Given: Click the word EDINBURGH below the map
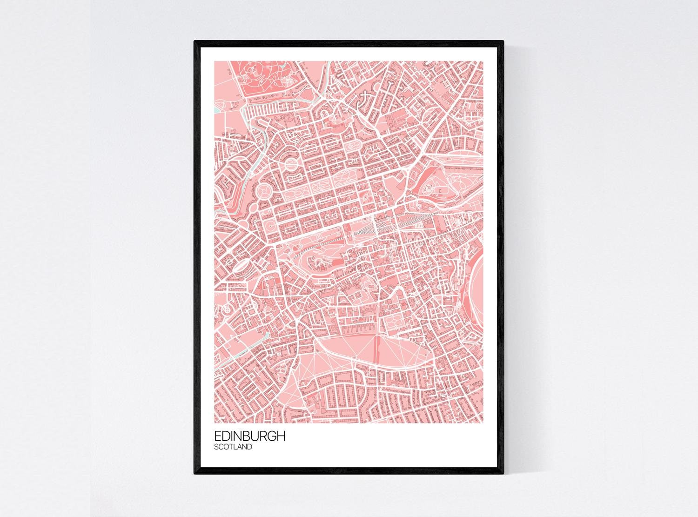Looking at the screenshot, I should [x=250, y=437].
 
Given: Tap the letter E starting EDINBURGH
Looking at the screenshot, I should [x=218, y=437].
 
